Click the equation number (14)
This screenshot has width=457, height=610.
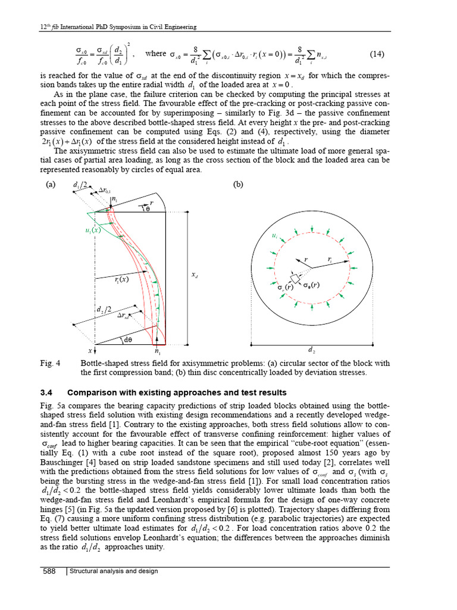[377, 54]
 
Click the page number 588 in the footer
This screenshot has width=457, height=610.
[49, 572]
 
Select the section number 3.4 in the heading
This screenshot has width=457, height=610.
[47, 393]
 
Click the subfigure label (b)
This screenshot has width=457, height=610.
[239, 185]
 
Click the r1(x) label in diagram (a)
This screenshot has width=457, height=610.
[121, 279]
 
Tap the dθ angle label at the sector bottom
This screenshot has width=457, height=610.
[127, 340]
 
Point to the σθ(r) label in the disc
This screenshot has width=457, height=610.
[311, 285]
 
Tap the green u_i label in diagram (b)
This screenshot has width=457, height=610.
[274, 237]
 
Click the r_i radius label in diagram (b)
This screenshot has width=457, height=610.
[330, 260]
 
